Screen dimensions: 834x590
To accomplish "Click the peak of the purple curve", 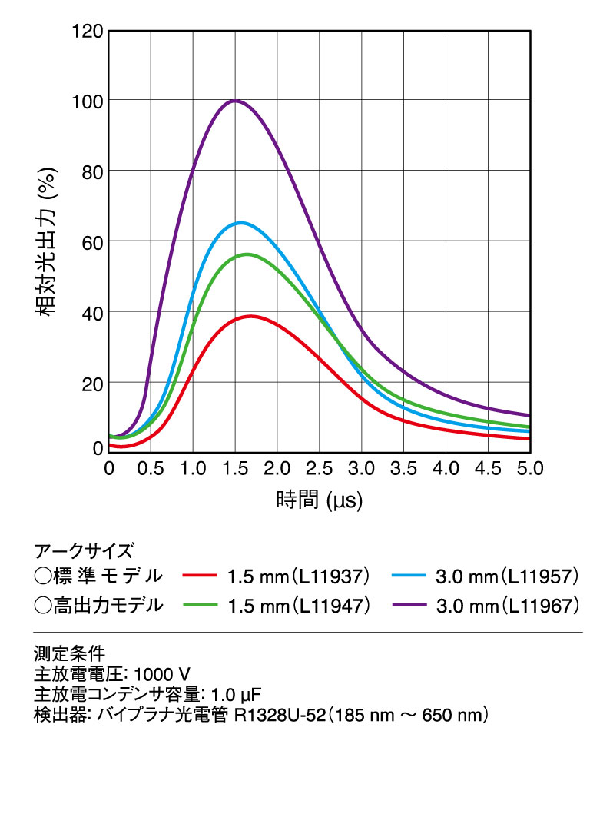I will coord(235,101).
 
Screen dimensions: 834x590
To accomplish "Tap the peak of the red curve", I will coord(250,316).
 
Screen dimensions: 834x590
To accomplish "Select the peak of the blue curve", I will coord(241,223).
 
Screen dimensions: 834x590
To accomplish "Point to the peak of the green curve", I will coord(247,254).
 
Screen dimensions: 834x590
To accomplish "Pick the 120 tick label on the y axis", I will coord(86,32).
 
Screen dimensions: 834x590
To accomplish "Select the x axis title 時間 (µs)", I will coord(319,501).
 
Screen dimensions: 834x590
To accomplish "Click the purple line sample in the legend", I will coord(409,606).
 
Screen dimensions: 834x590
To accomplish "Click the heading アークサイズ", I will coord(84,550).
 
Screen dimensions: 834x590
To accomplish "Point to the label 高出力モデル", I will coord(108,605).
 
